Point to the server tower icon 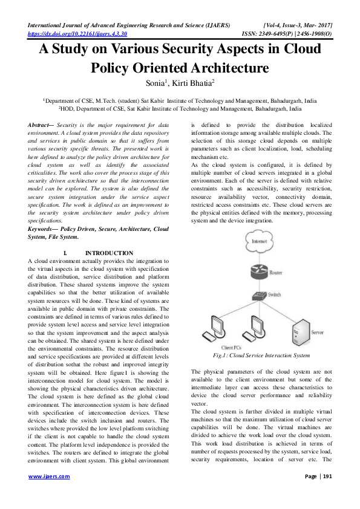tap(301, 332)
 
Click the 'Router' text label tap(276, 273)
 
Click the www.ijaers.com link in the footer tap(49, 493)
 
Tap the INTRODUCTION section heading tap(109, 253)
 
